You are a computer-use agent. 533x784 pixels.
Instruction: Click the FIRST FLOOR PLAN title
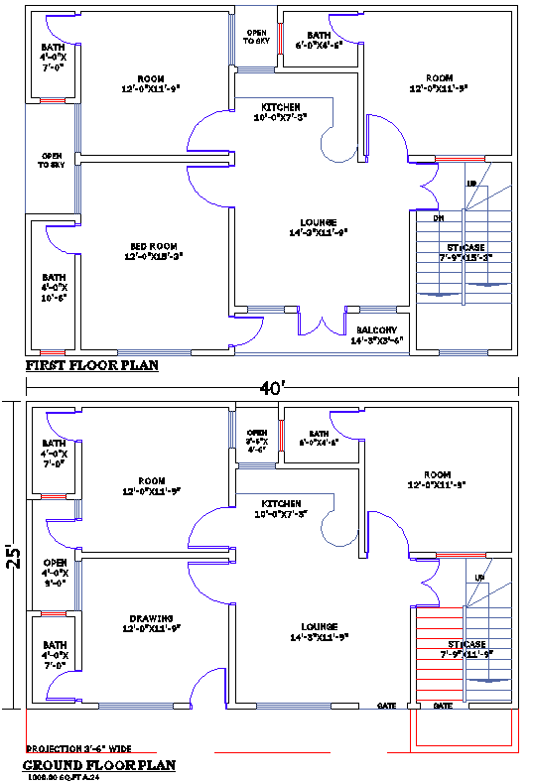pyautogui.click(x=91, y=365)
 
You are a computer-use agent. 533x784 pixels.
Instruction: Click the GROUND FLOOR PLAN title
pyautogui.click(x=99, y=765)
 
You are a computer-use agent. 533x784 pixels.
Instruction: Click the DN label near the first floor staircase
pyautogui.click(x=437, y=217)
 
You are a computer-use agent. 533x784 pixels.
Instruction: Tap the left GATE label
pyautogui.click(x=387, y=706)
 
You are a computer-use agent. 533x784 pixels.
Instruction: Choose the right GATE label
pyautogui.click(x=443, y=706)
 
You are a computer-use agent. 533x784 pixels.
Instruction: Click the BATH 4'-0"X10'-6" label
pyautogui.click(x=53, y=288)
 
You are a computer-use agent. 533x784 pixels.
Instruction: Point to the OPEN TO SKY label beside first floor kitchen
pyautogui.click(x=256, y=39)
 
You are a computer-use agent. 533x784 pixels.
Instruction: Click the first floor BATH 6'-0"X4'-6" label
pyautogui.click(x=319, y=40)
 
